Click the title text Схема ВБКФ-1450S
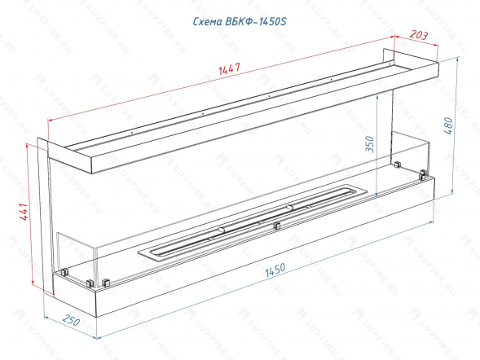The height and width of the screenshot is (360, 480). (x=240, y=21)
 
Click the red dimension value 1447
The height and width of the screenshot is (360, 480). (x=230, y=68)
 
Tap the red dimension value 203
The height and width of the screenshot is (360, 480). (x=418, y=35)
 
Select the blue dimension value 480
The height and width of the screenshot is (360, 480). (x=448, y=125)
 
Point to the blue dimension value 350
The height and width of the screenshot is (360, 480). (x=370, y=143)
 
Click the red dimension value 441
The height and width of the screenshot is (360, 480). (x=24, y=211)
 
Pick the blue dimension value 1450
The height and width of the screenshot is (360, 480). (x=275, y=270)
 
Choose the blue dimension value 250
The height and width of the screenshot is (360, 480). (x=72, y=320)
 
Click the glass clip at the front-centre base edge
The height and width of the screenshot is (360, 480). (x=277, y=226)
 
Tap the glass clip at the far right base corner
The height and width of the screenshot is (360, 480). (x=423, y=174)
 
